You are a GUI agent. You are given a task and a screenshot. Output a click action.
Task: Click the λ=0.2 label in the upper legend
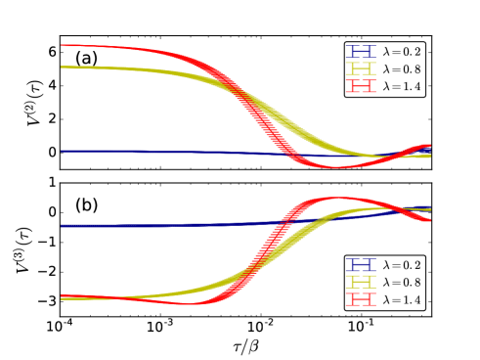[x=402, y=51]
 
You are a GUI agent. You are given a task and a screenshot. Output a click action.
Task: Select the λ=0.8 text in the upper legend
[x=402, y=68]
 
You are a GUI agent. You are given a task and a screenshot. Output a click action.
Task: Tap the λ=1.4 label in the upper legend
[x=402, y=86]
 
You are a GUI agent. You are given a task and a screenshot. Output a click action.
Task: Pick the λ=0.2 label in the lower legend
[x=402, y=264]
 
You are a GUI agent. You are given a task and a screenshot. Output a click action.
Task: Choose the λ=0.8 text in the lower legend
[x=402, y=282]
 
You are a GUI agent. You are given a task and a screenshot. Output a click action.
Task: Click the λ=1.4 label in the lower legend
[x=402, y=299]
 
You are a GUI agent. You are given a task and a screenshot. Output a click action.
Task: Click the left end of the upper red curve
[x=62, y=45]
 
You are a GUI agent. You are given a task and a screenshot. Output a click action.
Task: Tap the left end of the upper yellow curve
[x=62, y=67]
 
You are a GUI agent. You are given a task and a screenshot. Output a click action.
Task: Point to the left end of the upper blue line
[x=62, y=151]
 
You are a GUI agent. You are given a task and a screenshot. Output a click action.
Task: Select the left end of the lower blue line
[x=62, y=226]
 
